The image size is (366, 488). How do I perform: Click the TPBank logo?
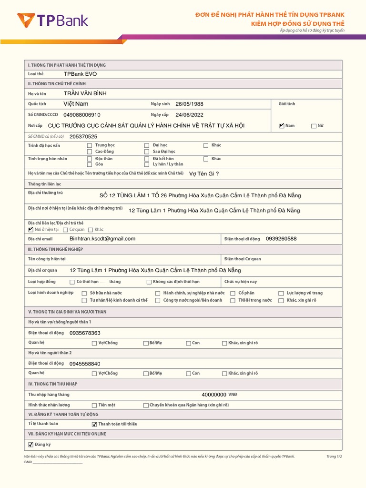point(52,20)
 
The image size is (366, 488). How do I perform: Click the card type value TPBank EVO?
point(80,74)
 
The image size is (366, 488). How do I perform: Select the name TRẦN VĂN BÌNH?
point(85,93)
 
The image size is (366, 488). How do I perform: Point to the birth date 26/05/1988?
point(189,104)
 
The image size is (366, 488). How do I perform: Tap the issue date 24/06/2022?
point(189,115)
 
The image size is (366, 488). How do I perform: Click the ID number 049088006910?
point(82,115)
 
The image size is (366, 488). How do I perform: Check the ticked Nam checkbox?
point(282,126)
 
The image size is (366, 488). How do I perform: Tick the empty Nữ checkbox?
point(314,126)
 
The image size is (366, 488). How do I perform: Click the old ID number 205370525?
point(83,137)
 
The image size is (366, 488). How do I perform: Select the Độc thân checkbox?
point(90,159)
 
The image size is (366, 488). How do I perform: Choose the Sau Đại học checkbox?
point(147,152)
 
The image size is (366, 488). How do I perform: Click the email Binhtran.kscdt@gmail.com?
point(102,239)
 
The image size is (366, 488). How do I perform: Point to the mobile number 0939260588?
point(281,239)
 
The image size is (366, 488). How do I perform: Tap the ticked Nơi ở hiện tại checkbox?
point(31,230)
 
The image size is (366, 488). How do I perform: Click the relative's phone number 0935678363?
point(85,333)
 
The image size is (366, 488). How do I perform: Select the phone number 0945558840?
point(85,364)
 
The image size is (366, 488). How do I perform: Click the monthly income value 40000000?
point(214,395)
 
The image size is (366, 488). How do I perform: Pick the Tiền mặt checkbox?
point(94,405)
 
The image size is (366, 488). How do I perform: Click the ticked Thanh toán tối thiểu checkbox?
point(94,424)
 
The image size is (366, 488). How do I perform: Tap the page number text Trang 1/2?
point(334,456)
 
